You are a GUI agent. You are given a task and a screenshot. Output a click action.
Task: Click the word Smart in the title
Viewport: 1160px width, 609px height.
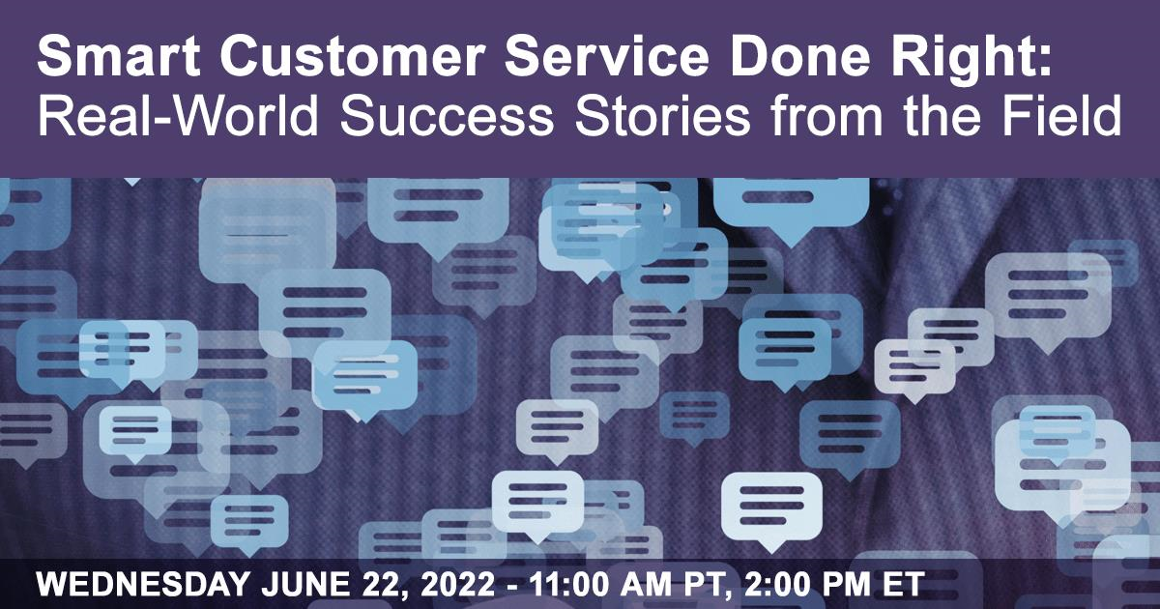(119, 56)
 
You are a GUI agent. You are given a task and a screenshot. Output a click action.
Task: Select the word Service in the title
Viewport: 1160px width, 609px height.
(606, 56)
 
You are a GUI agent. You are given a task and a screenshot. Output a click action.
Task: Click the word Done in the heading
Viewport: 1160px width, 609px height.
(799, 56)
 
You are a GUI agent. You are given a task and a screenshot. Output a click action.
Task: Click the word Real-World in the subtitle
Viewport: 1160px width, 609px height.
(178, 115)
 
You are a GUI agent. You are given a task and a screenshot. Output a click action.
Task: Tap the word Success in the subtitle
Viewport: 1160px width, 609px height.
(447, 115)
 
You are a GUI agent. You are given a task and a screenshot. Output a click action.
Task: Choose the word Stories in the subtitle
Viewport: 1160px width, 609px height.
(662, 115)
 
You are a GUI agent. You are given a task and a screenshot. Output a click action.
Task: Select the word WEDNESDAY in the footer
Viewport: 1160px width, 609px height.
(143, 585)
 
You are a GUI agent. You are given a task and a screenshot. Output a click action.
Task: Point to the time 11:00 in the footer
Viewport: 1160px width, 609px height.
(569, 585)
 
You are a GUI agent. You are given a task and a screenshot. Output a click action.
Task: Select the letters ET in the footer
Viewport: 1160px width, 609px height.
(904, 585)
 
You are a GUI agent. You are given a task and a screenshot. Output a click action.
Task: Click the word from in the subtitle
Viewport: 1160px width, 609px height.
(826, 115)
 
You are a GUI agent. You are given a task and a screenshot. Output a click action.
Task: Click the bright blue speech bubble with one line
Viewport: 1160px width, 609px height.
(791, 205)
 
